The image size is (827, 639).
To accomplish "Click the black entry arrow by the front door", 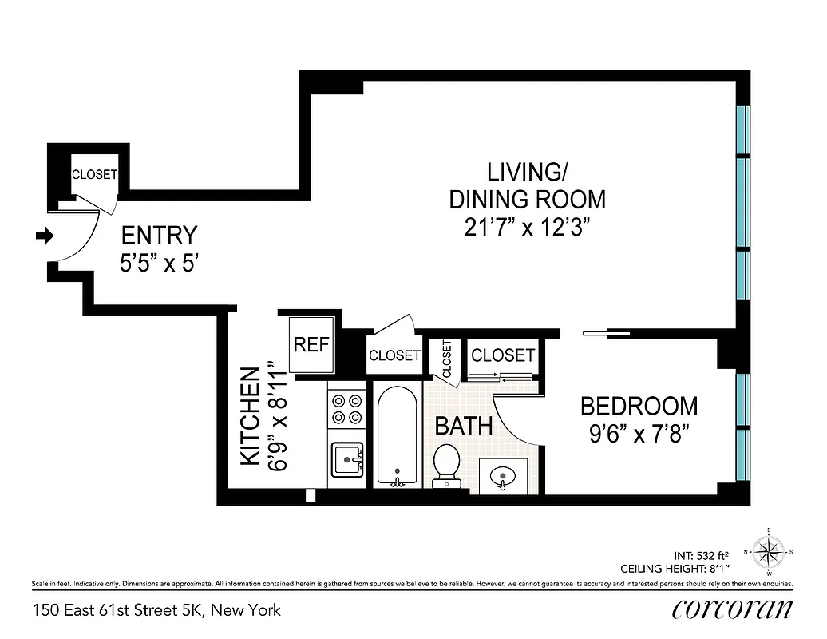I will tap(46, 236).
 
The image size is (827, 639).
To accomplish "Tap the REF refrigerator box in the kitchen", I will tap(311, 345).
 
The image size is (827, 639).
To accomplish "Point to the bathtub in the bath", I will tap(395, 436).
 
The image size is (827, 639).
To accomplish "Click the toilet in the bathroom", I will tap(445, 463).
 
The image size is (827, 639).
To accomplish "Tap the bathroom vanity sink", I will tap(503, 477).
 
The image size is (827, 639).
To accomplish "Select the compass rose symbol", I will tap(769, 550).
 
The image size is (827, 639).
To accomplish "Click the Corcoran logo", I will tap(733, 610).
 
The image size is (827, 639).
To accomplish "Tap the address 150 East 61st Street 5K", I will tap(156, 611).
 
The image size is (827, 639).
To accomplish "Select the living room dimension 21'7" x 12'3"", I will tap(527, 228).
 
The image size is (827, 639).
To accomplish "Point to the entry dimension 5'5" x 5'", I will tap(158, 264).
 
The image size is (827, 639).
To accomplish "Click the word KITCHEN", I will tap(250, 416).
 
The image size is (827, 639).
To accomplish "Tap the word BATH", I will tap(463, 426).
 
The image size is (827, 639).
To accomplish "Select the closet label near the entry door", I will tap(94, 174).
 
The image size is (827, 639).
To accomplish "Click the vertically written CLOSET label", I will tap(446, 359).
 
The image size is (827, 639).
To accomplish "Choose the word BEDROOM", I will tap(639, 406).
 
